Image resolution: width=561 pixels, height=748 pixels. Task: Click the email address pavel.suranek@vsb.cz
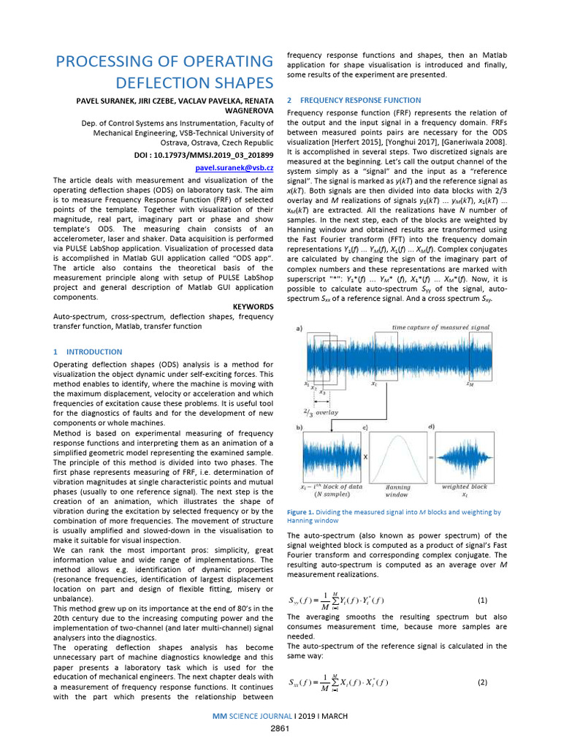click(234, 168)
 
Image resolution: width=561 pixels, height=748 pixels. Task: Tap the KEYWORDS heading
click(253, 307)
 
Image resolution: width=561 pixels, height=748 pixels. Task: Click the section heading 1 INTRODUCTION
click(88, 351)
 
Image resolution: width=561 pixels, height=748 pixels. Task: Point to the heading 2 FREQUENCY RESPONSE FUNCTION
click(354, 100)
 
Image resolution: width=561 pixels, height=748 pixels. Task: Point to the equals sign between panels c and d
click(431, 456)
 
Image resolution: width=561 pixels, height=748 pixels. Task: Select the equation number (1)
click(481, 600)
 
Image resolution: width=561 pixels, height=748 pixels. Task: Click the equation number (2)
click(481, 682)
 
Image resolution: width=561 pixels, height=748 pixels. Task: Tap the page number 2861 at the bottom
click(280, 728)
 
